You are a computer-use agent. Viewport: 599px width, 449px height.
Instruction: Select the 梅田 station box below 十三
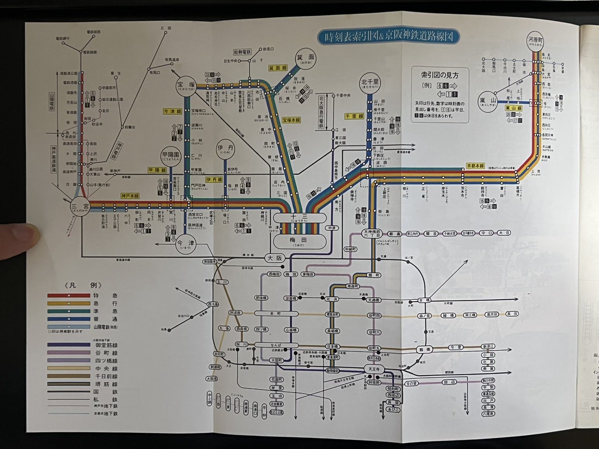300,242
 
